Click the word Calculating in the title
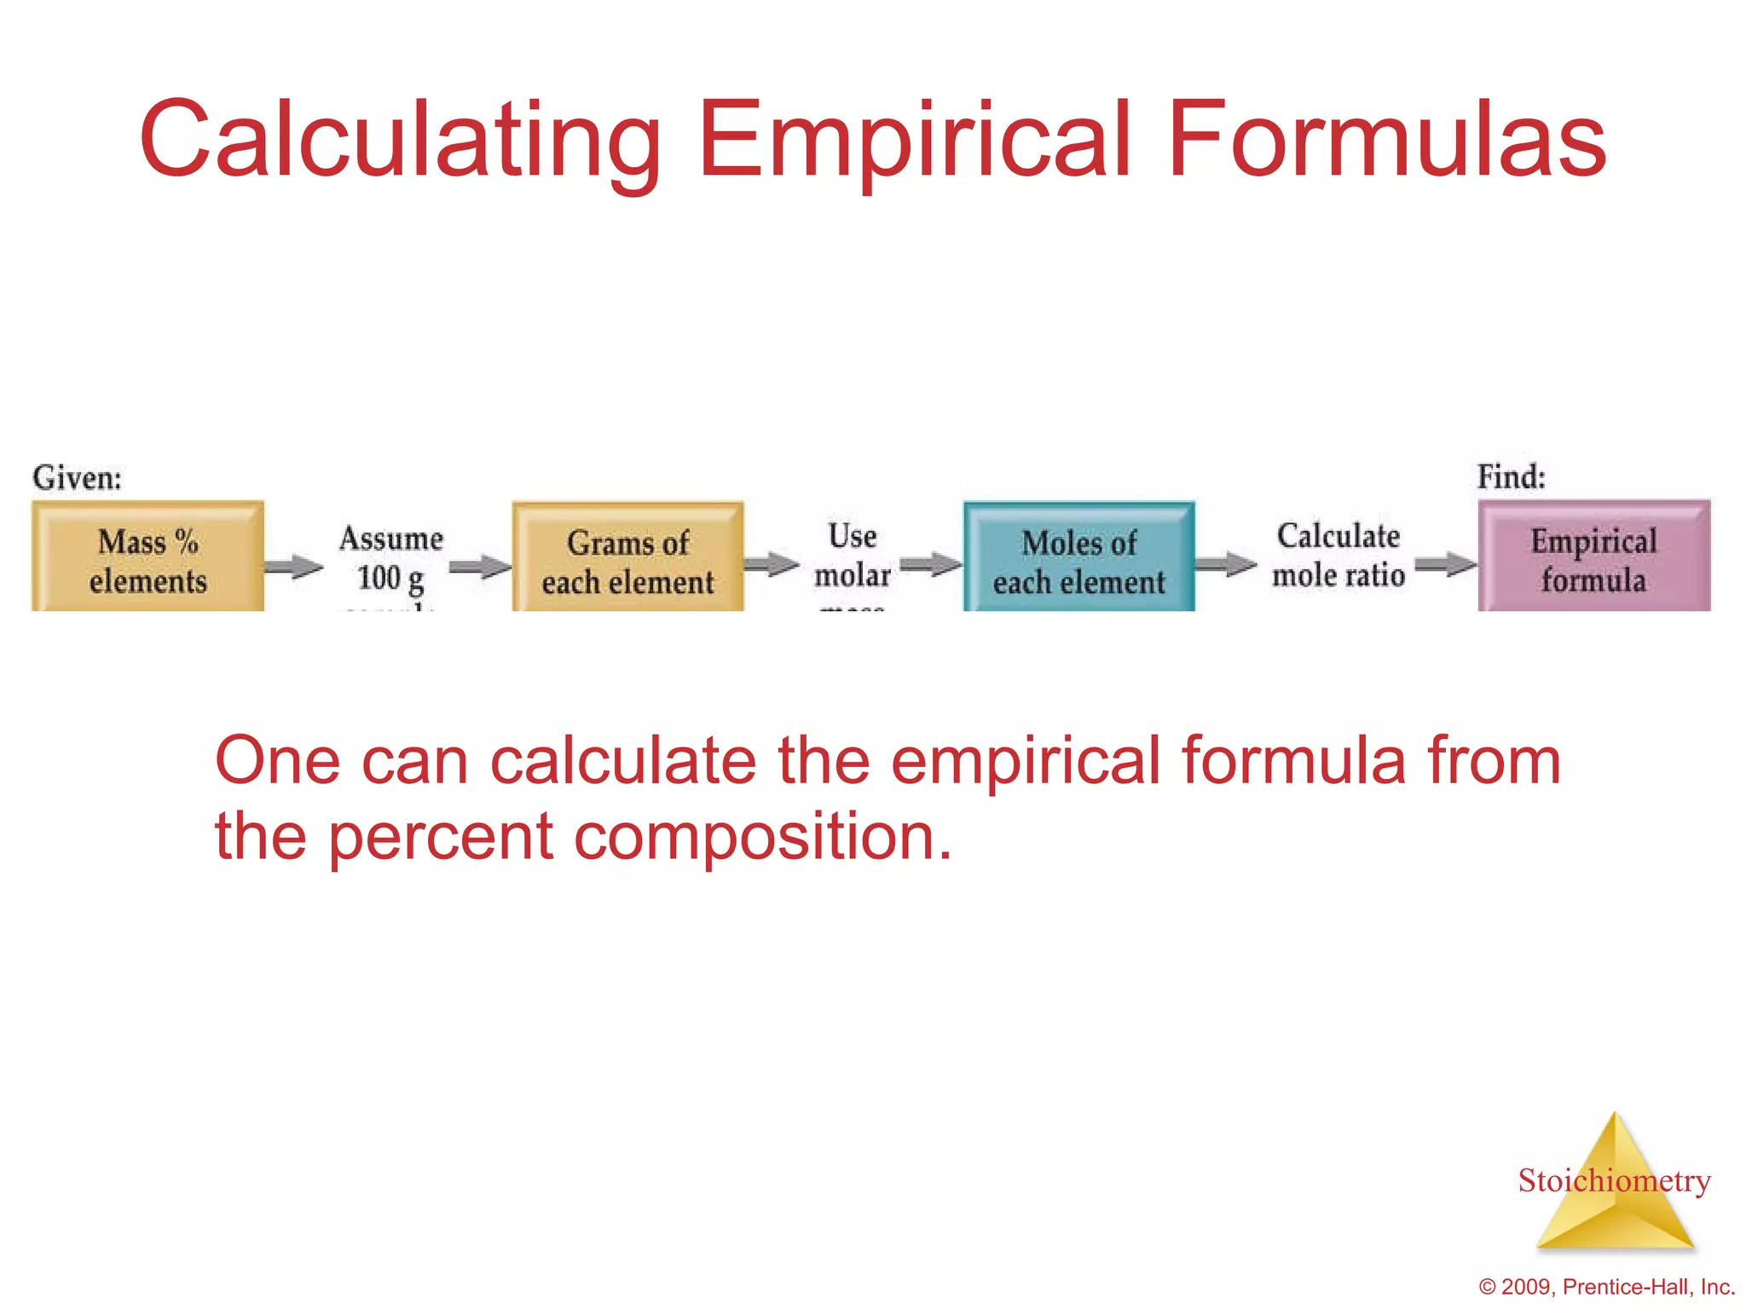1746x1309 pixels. click(401, 141)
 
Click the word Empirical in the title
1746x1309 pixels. click(915, 141)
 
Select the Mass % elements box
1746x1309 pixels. click(147, 558)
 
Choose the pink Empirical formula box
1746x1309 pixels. click(1593, 558)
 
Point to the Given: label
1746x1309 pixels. click(77, 478)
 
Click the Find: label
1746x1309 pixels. click(1511, 476)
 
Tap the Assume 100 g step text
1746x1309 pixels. click(391, 558)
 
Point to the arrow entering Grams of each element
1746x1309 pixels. click(479, 567)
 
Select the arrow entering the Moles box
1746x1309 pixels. click(931, 564)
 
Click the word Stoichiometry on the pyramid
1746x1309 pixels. click(1614, 1181)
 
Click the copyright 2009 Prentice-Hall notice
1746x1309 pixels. click(1606, 1287)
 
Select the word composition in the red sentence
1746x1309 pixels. click(762, 837)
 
